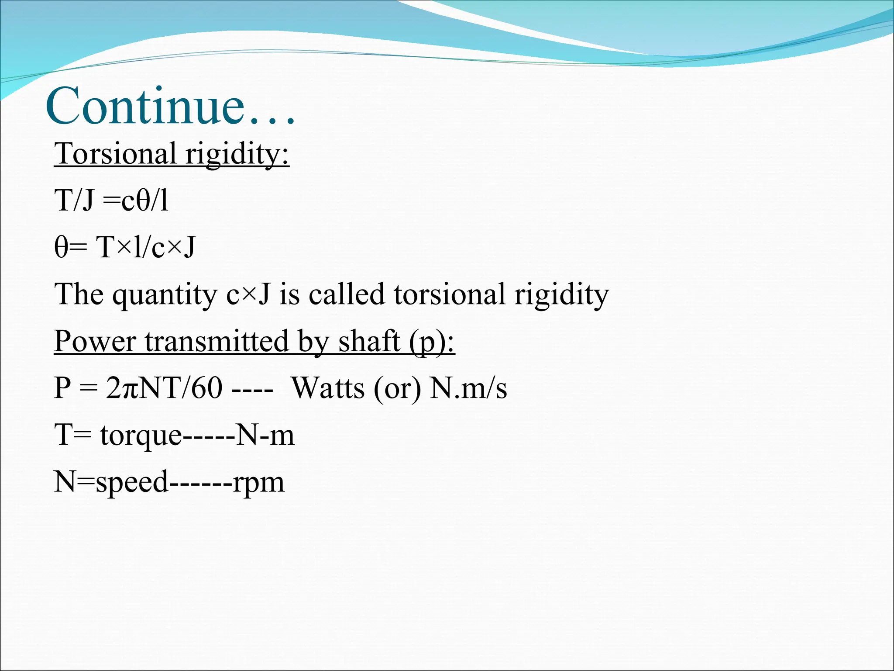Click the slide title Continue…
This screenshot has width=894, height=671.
tap(170, 107)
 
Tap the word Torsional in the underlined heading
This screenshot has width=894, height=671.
tap(115, 154)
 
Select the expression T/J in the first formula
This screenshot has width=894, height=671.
tap(74, 201)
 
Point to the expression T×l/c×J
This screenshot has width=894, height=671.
tap(146, 247)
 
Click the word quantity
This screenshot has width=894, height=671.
tap(165, 294)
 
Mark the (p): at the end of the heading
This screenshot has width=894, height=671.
tap(432, 342)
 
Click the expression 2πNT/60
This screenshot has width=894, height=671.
tap(164, 388)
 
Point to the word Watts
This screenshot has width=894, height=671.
tap(327, 388)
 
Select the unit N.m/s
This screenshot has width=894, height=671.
tap(468, 388)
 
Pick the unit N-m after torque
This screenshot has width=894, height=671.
tap(265, 435)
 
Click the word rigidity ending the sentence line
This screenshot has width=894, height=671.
tap(561, 294)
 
